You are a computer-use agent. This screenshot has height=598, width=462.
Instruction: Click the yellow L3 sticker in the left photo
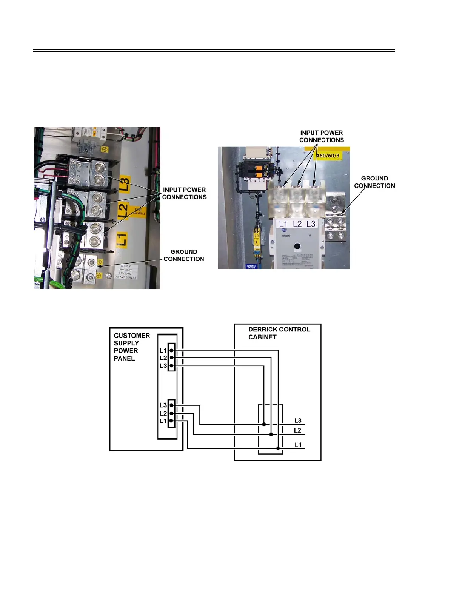(125, 184)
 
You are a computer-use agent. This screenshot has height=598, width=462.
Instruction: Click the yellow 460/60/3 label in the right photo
(328, 155)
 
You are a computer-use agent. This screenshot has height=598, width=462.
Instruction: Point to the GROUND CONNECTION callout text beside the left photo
(184, 255)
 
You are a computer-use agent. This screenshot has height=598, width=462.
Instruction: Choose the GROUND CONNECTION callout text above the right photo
(374, 182)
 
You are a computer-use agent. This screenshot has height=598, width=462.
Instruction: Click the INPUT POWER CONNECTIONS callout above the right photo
(322, 136)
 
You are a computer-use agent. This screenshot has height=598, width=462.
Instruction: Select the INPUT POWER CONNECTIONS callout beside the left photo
(184, 193)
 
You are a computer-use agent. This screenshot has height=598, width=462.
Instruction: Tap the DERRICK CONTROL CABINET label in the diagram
(279, 333)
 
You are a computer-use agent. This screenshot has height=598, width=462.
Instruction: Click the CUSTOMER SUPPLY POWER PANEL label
(132, 347)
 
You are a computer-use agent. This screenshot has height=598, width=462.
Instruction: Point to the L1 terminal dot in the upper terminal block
(171, 350)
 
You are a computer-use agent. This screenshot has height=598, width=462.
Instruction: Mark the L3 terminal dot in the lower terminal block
(171, 405)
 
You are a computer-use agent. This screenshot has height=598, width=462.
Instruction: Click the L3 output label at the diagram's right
(298, 421)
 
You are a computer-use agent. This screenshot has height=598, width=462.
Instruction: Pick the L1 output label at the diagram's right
(298, 445)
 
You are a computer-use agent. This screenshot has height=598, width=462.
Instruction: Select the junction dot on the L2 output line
(271, 435)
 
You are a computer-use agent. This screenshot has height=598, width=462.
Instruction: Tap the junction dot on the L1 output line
(278, 448)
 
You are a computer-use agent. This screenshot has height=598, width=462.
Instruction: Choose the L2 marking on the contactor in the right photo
(297, 224)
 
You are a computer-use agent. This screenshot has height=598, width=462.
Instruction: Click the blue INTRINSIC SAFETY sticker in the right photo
(251, 267)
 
